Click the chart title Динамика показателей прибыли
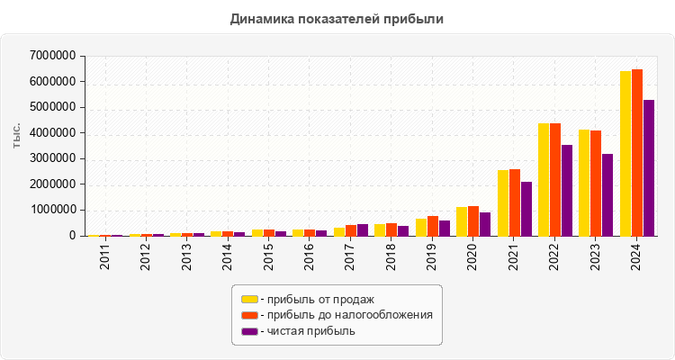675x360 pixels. [x=337, y=18]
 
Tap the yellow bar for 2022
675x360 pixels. [x=544, y=179]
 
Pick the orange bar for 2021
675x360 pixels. [x=515, y=202]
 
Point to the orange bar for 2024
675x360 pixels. [x=637, y=152]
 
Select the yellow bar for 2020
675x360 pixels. [x=462, y=221]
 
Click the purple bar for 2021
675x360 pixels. [x=526, y=209]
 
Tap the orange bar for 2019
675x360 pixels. [x=433, y=226]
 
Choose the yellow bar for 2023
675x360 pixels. [x=584, y=183]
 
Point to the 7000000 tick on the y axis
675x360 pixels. [x=52, y=56]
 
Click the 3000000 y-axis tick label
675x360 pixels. [x=52, y=159]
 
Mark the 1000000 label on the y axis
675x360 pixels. [x=52, y=211]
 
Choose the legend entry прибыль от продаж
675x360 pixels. [x=316, y=299]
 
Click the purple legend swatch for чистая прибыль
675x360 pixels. [x=249, y=331]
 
